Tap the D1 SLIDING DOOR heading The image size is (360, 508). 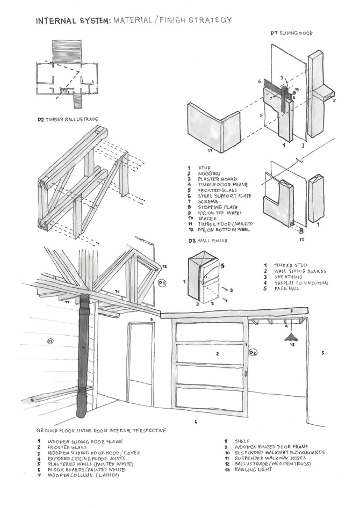[291, 33]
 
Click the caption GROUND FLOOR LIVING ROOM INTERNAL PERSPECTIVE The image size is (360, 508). [101, 431]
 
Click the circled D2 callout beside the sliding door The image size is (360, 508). [253, 353]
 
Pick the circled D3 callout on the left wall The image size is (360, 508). [50, 340]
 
